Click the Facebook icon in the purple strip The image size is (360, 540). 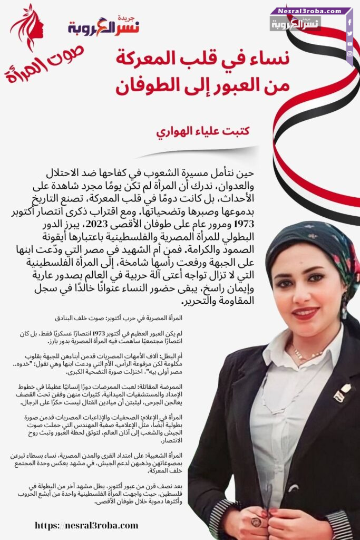pos(349,23)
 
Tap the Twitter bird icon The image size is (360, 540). pos(349,33)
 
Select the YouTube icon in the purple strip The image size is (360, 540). pos(349,43)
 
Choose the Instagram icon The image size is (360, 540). pos(349,54)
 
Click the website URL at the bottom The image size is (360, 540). pos(86,525)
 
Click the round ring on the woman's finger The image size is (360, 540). pos(257,522)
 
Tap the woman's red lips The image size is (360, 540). pos(306,313)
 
